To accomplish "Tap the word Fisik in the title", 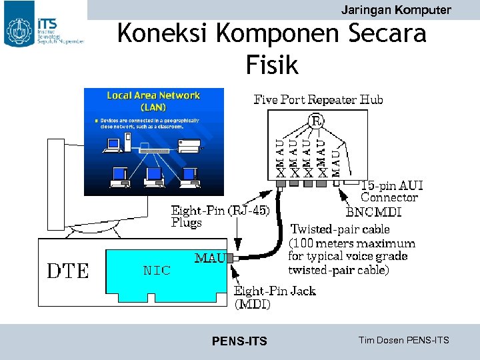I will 272,65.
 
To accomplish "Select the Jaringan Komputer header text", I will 395,10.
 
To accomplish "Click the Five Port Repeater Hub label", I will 318,100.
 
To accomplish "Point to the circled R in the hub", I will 317,121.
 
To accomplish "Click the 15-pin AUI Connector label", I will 391,191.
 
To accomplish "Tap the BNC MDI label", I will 374,213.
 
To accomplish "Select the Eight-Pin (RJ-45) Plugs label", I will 220,217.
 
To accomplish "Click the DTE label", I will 67,271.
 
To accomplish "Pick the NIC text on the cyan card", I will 157,271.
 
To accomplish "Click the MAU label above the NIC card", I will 209,258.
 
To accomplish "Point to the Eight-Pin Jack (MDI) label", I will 274,297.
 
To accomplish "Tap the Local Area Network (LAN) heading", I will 153,101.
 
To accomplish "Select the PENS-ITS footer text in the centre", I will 239,341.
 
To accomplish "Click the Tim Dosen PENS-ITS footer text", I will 403,341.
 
